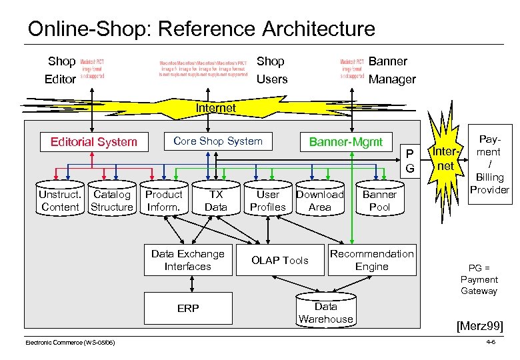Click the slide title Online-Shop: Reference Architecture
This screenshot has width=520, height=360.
[201, 29]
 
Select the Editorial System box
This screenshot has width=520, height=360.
[94, 141]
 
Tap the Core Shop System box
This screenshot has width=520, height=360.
[218, 141]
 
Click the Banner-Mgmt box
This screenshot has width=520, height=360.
[345, 141]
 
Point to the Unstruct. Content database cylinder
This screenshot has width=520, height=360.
[60, 201]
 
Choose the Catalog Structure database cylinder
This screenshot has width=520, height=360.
[112, 201]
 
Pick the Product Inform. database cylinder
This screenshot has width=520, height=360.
[163, 201]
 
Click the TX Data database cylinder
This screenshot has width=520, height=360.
[216, 201]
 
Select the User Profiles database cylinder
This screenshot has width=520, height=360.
[267, 201]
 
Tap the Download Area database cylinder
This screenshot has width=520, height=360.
[319, 201]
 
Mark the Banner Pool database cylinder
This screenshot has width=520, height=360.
[379, 201]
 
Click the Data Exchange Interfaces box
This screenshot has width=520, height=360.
[188, 260]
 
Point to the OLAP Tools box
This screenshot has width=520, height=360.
[279, 260]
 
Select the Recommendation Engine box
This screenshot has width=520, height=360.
[371, 260]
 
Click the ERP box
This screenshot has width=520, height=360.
[188, 309]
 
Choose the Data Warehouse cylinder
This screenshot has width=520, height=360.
[325, 312]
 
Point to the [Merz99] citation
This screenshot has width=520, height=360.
[479, 326]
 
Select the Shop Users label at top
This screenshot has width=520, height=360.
[272, 70]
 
